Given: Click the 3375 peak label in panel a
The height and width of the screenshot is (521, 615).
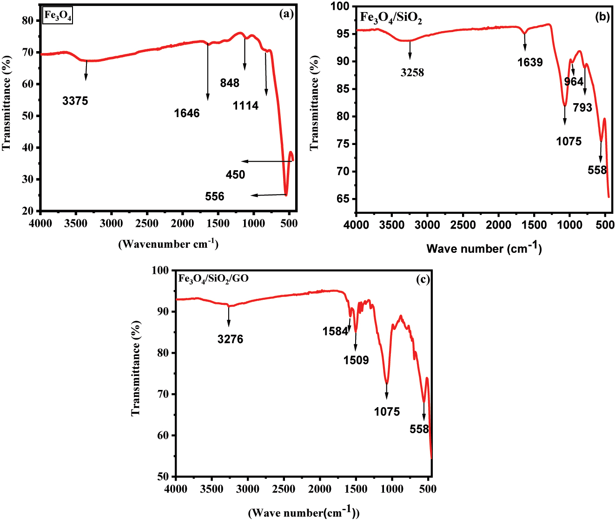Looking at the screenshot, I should point(75,101).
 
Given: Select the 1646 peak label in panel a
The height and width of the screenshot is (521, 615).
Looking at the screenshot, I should point(187,113).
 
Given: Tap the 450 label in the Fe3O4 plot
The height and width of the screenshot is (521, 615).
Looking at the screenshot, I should point(235,175).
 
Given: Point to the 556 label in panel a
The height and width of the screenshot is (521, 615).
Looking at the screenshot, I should point(215,197).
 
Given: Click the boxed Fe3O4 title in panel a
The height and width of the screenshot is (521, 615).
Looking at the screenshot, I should point(58,15).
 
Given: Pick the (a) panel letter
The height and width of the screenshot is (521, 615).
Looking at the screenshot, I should point(286,14).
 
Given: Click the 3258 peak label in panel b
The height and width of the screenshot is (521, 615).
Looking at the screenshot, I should point(412,73).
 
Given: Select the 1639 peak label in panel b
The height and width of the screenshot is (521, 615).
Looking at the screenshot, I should point(530,62).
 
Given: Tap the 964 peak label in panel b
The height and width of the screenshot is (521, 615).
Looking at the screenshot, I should point(574,82).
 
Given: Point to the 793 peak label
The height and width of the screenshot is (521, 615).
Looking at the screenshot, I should point(582,108).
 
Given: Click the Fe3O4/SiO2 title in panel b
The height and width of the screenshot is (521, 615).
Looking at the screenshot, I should point(391,18).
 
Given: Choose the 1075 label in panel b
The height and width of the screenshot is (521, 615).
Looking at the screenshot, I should point(569,141).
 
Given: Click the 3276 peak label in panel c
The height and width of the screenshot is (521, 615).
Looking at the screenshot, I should point(230,339).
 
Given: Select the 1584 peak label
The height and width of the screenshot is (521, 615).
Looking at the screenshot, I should point(335,331).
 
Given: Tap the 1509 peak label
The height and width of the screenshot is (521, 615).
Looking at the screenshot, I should point(356,360).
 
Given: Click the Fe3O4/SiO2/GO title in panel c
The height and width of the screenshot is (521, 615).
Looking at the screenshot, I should point(213,279).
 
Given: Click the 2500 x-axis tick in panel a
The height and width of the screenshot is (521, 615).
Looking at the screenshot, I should point(147,224).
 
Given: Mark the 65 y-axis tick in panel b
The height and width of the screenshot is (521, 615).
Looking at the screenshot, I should point(344,199).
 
